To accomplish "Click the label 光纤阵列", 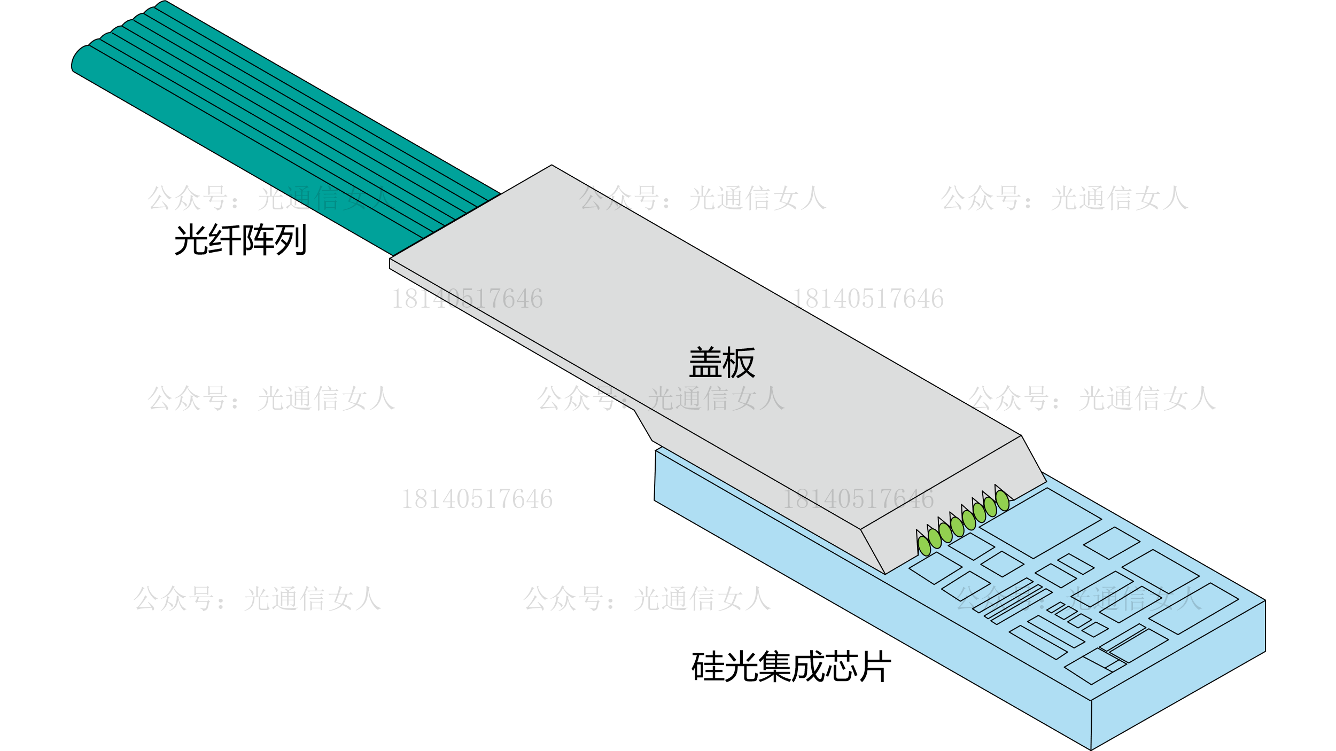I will (240, 239).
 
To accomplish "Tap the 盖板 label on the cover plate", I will (721, 363).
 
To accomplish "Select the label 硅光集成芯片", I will (791, 666).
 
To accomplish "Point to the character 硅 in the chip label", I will (708, 666).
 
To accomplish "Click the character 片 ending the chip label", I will (875, 666).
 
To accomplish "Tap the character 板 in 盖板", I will (739, 363).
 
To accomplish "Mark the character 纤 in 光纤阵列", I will (223, 239).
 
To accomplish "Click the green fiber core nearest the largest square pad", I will (1002, 500).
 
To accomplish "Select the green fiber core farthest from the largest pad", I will (924, 546).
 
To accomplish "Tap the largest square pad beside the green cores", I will (1039, 523).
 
